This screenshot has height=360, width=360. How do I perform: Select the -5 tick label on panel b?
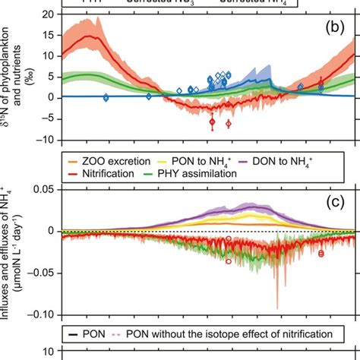[47, 118]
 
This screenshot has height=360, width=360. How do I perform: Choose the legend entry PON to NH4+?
[202, 159]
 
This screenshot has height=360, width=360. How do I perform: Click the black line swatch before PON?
[73, 333]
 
